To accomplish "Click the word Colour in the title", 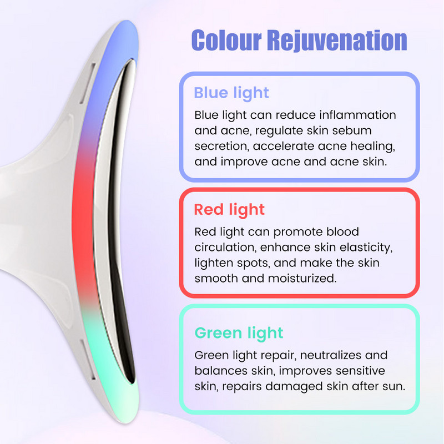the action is click(226, 40).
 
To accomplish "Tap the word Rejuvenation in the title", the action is click(337, 41).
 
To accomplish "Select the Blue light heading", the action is click(231, 93).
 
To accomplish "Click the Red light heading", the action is click(229, 210).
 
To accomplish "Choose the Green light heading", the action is click(239, 332).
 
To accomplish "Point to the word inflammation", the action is click(357, 115).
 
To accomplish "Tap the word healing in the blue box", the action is click(372, 147).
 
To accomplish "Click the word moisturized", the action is click(302, 279).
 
